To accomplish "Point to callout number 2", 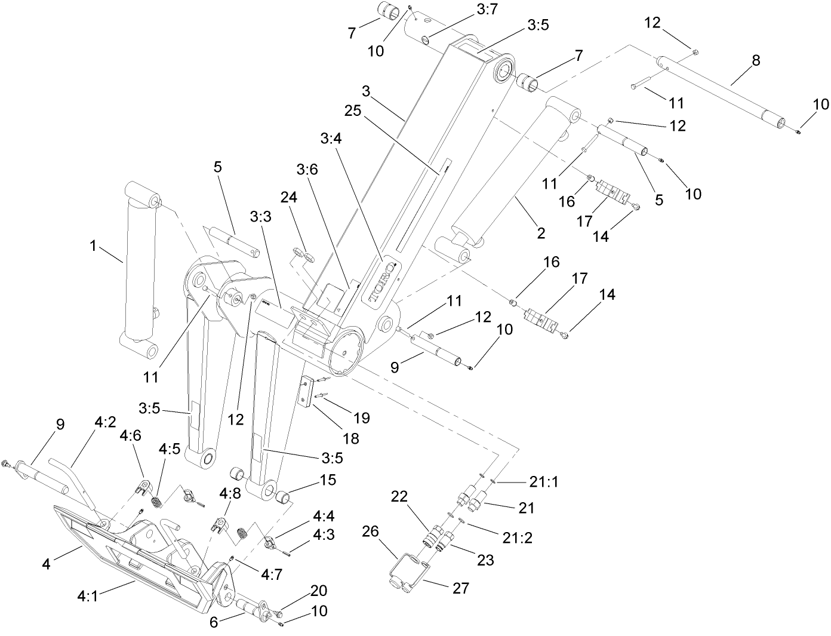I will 541,233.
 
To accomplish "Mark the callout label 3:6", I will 307,169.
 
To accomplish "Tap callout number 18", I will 351,438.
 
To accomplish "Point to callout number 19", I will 362,417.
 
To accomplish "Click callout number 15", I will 328,480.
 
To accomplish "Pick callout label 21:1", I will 543,481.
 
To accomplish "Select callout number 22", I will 400,496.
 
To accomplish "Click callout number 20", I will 319,591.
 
